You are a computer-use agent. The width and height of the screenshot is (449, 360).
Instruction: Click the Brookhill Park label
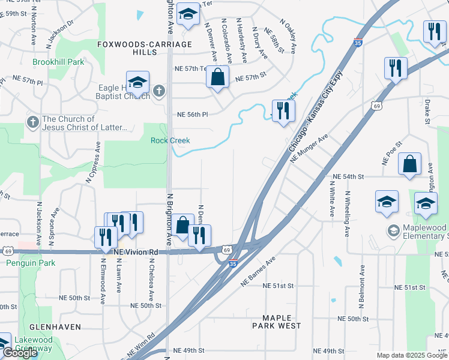(58, 62)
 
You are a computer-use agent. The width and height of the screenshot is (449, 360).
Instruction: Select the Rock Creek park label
(170, 140)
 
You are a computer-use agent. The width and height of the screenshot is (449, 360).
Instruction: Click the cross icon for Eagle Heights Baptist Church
(158, 91)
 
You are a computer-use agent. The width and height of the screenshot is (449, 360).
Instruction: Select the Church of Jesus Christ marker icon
(33, 122)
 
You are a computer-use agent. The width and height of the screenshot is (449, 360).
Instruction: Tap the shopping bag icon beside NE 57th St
(218, 77)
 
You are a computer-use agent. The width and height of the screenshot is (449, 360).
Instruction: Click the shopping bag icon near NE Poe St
(409, 164)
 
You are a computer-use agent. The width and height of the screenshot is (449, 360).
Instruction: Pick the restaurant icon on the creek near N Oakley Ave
(283, 110)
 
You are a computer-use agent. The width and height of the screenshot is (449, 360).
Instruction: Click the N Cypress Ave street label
(94, 162)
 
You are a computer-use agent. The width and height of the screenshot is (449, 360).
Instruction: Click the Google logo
(20, 353)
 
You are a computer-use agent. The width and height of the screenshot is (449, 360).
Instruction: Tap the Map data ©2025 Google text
(412, 355)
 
